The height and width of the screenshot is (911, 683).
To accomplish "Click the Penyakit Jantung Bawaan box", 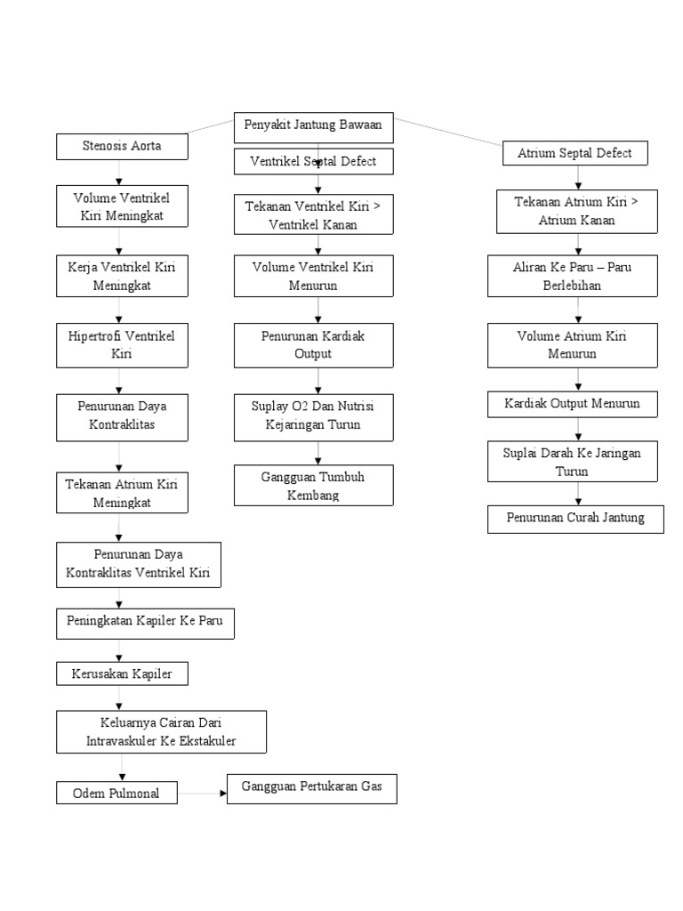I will click(313, 126).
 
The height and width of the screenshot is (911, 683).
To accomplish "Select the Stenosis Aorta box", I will click(122, 146).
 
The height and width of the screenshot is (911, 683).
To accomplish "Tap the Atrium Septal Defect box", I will click(575, 153).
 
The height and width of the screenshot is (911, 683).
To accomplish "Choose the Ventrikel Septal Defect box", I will click(313, 162).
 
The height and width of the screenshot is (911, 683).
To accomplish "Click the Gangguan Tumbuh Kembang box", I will click(313, 486).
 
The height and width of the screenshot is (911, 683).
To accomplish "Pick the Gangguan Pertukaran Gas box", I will click(311, 788).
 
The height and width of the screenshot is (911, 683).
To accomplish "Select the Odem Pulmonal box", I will click(117, 793).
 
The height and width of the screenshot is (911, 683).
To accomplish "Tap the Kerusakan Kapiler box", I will click(122, 674).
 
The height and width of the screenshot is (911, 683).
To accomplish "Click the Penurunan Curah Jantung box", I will click(575, 518).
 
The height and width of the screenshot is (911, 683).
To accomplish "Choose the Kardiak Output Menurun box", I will click(575, 404).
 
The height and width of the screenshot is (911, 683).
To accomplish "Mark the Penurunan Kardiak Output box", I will click(313, 345).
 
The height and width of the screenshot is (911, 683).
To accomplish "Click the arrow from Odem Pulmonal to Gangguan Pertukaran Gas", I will click(202, 792).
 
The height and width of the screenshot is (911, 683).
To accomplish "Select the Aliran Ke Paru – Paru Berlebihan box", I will click(572, 276).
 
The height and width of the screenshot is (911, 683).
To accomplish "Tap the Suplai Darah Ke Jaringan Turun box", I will click(572, 462).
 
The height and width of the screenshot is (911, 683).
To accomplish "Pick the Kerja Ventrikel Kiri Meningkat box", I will click(122, 277).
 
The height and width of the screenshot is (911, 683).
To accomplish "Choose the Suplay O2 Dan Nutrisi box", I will click(313, 415).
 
